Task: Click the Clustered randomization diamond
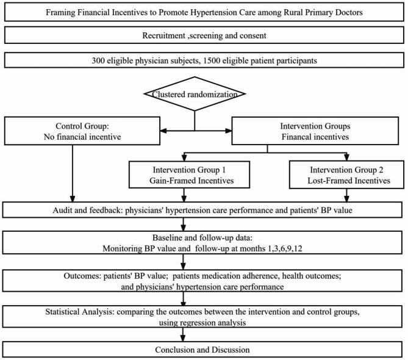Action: coord(194,94)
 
